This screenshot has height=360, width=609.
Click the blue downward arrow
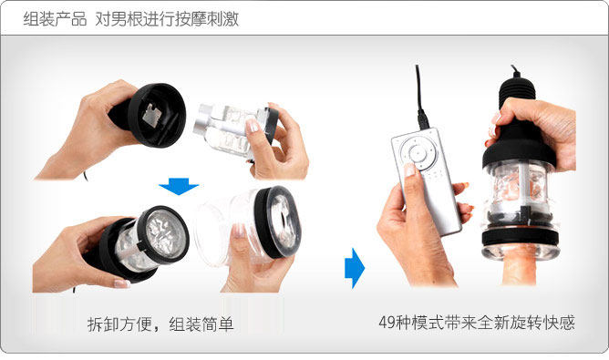coord(179,187)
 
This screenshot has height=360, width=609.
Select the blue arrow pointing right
coord(355,268)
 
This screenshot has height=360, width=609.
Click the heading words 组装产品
coord(55,18)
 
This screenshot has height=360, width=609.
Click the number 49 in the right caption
coord(387,323)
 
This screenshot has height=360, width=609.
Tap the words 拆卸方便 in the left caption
coord(119,324)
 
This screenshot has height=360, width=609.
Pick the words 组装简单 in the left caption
coord(201,324)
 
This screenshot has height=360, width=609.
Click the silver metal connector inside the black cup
coord(152,116)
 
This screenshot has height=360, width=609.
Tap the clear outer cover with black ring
coord(249,226)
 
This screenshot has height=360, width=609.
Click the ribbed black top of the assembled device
coord(517,92)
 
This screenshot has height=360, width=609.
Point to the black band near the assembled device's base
coord(521,236)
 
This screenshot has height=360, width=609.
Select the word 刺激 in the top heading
coord(222,18)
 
